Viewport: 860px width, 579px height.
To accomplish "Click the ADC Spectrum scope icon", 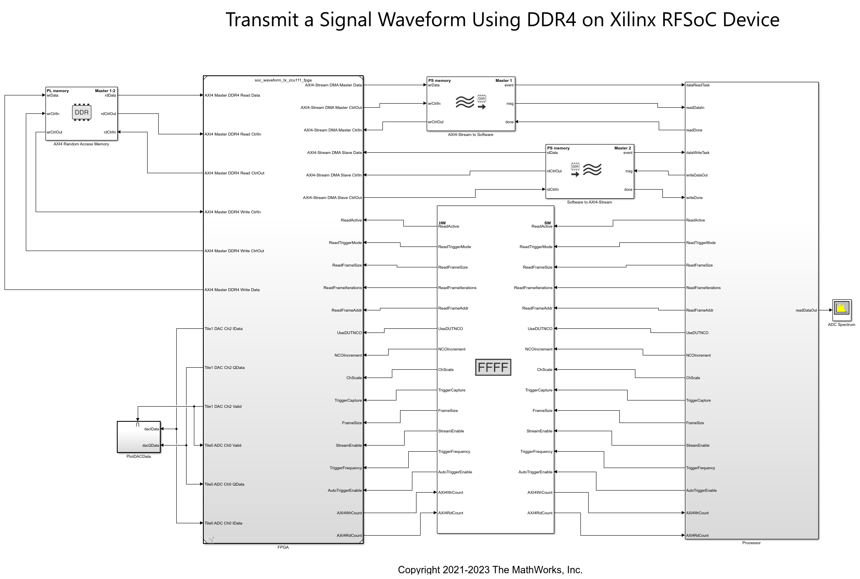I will click(842, 310).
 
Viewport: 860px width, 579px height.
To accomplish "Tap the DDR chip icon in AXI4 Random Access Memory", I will click(82, 113).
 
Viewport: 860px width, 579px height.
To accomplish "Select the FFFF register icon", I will click(493, 367).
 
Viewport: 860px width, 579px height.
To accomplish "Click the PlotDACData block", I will click(139, 437).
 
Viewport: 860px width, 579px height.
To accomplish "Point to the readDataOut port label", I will click(806, 310).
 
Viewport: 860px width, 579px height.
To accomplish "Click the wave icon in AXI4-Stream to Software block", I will click(465, 102).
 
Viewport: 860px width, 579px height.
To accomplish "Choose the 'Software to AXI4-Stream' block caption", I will click(589, 202).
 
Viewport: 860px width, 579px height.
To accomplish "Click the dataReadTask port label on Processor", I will click(698, 85).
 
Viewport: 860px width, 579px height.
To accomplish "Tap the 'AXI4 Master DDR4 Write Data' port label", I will click(232, 290).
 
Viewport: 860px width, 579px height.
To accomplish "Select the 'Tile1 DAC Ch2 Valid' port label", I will click(223, 407).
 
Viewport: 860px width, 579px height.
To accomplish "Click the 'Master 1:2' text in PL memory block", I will click(105, 91).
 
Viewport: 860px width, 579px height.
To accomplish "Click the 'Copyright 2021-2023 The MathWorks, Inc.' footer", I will click(490, 570).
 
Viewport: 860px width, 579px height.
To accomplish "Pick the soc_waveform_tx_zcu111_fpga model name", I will click(283, 80).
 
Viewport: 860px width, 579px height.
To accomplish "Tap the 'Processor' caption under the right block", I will click(751, 543).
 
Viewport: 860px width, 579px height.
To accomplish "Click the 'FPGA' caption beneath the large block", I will click(283, 547).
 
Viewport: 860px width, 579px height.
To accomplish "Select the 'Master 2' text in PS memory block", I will click(622, 148).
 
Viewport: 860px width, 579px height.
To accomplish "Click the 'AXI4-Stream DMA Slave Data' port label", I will click(334, 153).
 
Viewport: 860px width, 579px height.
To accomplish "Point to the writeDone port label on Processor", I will click(694, 198).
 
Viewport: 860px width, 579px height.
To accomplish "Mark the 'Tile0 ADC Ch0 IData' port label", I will click(223, 523).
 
